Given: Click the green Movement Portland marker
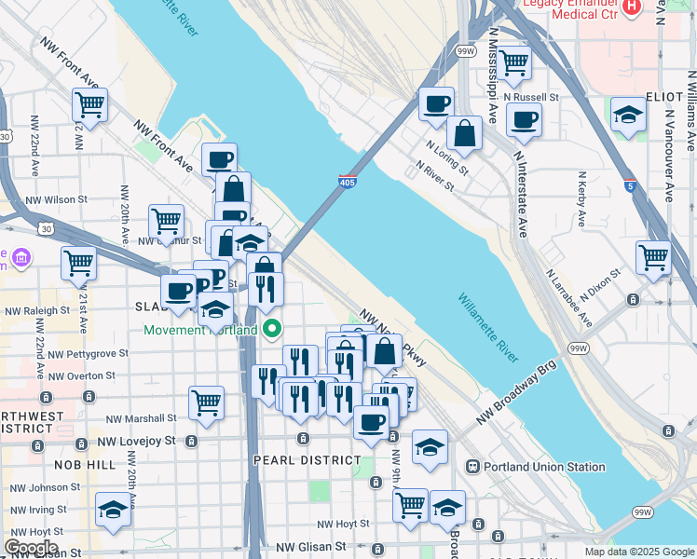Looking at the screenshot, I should (x=272, y=329).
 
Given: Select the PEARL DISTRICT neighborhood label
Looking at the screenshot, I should (x=307, y=460).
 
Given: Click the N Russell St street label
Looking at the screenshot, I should (x=531, y=96).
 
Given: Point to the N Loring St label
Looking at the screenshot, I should (x=447, y=158).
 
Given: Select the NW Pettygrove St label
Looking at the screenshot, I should (x=89, y=354).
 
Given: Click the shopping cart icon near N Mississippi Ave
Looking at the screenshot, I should (x=514, y=63).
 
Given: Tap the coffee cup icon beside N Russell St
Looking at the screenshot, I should (x=523, y=120).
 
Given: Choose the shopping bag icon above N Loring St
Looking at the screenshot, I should (x=464, y=134).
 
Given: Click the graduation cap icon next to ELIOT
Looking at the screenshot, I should (x=629, y=115).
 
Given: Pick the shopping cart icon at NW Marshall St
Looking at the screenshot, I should (x=206, y=403).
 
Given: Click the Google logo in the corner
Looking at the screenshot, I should (x=31, y=548).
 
